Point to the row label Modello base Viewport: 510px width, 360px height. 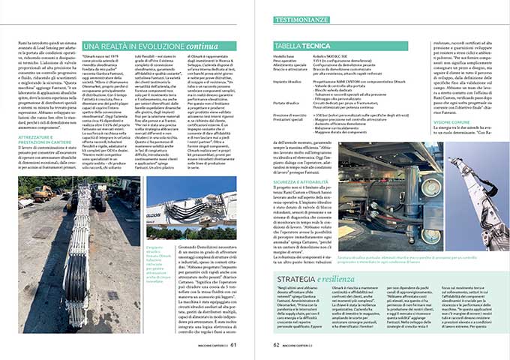tap(286, 56)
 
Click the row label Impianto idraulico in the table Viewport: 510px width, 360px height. tap(291, 80)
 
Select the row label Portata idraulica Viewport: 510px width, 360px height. tap(289, 101)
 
